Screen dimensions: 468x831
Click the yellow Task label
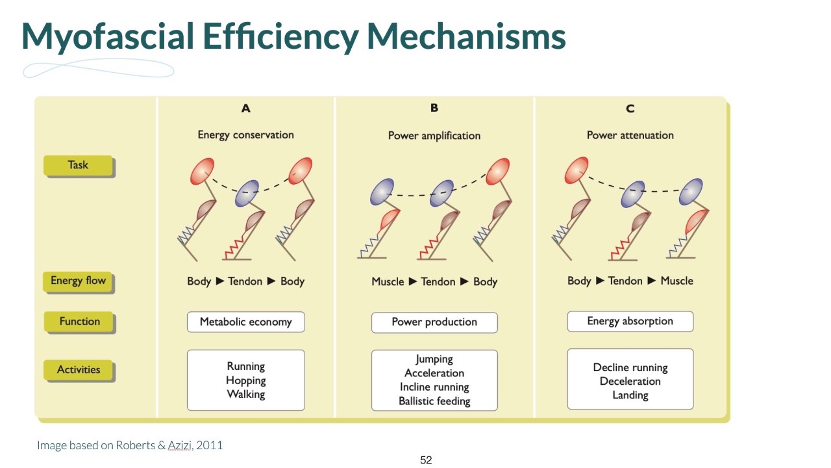pos(78,165)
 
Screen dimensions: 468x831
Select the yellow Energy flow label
pos(78,281)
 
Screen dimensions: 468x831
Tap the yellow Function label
pos(79,321)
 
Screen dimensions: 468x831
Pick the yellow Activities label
pos(79,369)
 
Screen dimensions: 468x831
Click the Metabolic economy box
pos(245,322)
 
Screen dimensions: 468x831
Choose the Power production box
pos(434,322)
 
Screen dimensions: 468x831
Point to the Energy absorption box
pos(630,321)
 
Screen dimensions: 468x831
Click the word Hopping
pos(246,380)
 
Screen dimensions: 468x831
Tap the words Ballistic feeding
pos(434,401)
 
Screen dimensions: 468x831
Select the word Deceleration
pos(630,381)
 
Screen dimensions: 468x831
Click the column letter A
pos(245,109)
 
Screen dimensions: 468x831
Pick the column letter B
pos(434,108)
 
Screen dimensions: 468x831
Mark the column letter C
pos(630,109)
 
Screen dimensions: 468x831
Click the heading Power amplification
pos(434,136)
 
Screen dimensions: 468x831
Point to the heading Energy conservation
pos(245,135)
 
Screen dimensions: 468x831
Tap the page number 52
pos(426,460)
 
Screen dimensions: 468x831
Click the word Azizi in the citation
pos(179,445)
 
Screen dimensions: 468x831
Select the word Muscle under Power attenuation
pos(676,281)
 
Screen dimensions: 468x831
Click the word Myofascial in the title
pos(107,36)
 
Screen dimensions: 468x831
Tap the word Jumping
pos(434,359)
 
